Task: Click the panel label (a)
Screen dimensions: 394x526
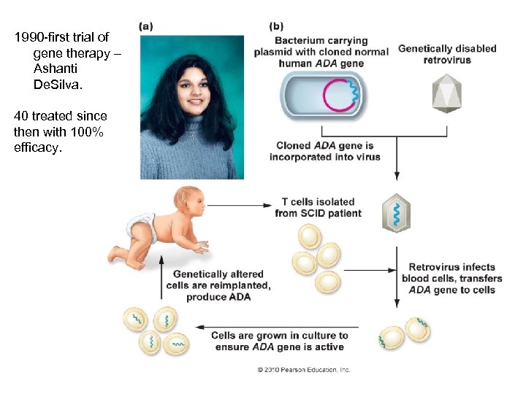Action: coord(146,26)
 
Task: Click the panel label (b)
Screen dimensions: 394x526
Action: coord(278,26)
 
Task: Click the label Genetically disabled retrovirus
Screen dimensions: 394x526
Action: coord(446,54)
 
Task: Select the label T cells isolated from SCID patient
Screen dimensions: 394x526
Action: coord(318,207)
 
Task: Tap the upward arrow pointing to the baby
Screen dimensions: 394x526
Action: coord(161,277)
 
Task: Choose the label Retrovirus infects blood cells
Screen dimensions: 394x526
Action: coord(452,278)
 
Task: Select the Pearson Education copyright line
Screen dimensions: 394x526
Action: coord(303,370)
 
